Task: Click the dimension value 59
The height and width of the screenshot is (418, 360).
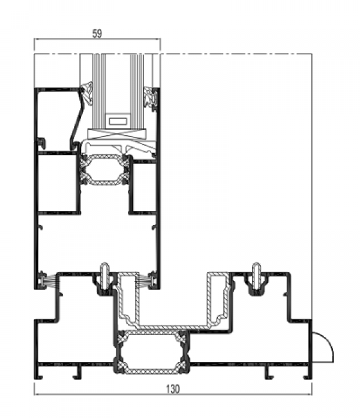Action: pyautogui.click(x=97, y=34)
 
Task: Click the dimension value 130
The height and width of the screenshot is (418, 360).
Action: pyautogui.click(x=173, y=389)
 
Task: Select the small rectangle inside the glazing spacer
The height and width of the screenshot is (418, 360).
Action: pyautogui.click(x=118, y=121)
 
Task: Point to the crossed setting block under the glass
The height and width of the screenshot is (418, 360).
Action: pyautogui.click(x=118, y=134)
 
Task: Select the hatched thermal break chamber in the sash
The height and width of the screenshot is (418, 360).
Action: pyautogui.click(x=104, y=169)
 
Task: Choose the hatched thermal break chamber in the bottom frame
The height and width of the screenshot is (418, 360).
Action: pyautogui.click(x=152, y=352)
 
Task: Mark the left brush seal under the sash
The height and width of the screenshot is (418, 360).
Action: pyautogui.click(x=49, y=280)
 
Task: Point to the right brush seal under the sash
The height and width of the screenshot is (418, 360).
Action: pyautogui.click(x=145, y=280)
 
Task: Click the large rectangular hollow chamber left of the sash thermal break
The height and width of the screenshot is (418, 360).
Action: pyautogui.click(x=58, y=183)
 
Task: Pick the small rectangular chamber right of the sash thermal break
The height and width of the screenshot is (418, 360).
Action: pyautogui.click(x=144, y=187)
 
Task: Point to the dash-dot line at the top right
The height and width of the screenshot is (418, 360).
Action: pyautogui.click(x=236, y=54)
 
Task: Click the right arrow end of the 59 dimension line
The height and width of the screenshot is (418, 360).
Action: pyautogui.click(x=160, y=39)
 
